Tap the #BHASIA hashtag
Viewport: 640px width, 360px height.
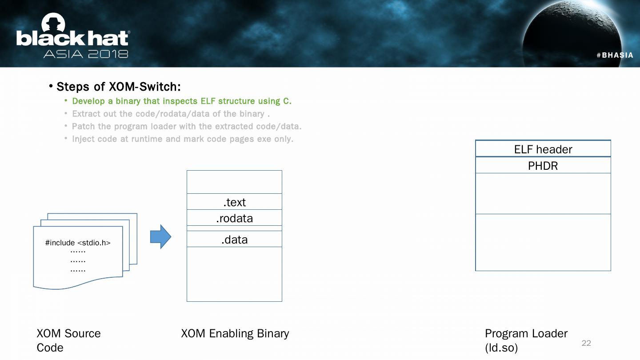pyautogui.click(x=615, y=55)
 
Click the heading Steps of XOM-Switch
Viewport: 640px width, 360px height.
pyautogui.click(x=118, y=86)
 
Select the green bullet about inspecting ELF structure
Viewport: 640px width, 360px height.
pyautogui.click(x=181, y=101)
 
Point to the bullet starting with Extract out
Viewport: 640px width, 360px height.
pyautogui.click(x=171, y=114)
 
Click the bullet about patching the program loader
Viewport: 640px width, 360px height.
pyautogui.click(x=186, y=126)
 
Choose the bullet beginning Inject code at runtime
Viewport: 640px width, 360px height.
pyautogui.click(x=182, y=139)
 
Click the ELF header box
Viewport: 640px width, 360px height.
pyautogui.click(x=543, y=149)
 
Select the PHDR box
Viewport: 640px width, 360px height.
pyautogui.click(x=543, y=166)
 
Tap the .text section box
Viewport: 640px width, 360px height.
pyautogui.click(x=234, y=202)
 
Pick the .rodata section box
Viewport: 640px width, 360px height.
pyautogui.click(x=234, y=218)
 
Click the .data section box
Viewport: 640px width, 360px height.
pyautogui.click(x=234, y=240)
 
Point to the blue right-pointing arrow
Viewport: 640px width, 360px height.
pyautogui.click(x=160, y=236)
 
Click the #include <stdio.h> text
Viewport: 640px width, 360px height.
pyautogui.click(x=78, y=243)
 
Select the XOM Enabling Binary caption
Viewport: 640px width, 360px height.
pyautogui.click(x=235, y=333)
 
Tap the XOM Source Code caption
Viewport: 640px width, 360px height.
pyautogui.click(x=68, y=340)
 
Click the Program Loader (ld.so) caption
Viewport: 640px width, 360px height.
pyautogui.click(x=526, y=340)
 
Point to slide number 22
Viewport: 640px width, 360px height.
pyautogui.click(x=586, y=343)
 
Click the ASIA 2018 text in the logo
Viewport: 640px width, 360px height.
pyautogui.click(x=86, y=54)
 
